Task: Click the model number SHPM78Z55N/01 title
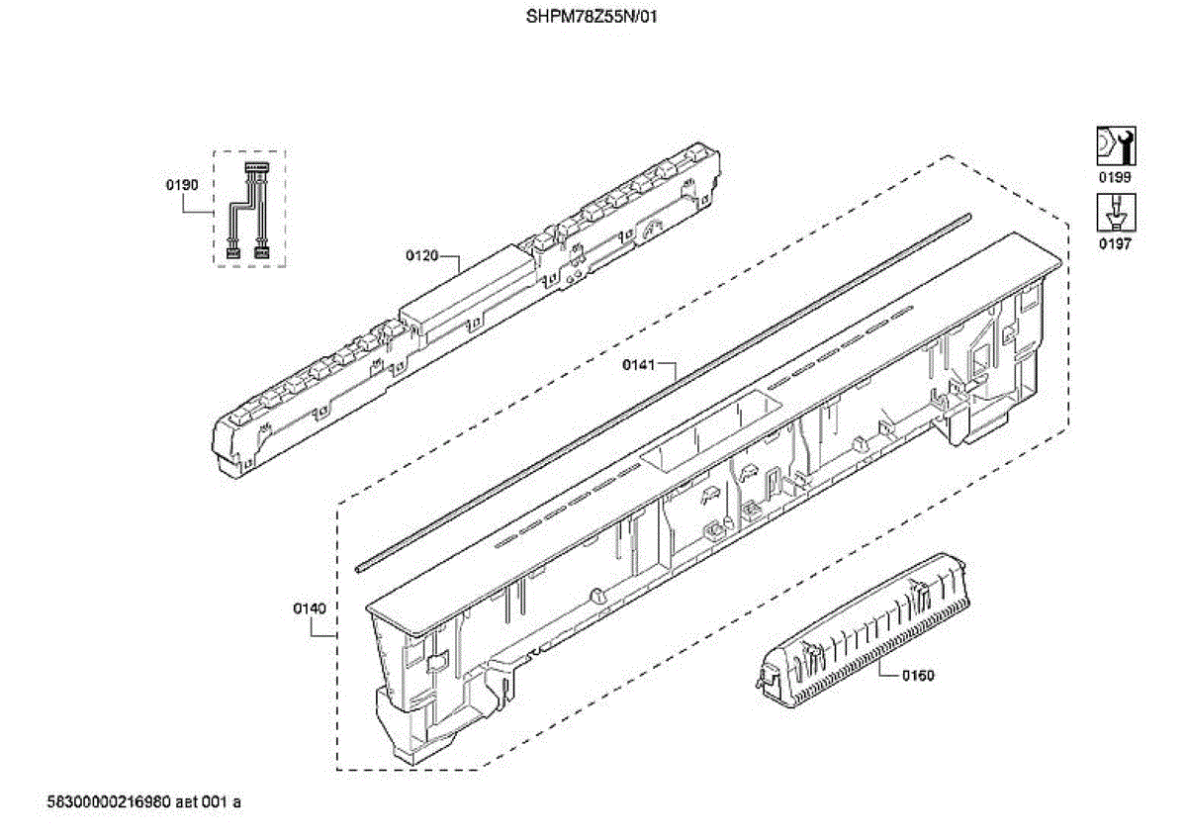(x=591, y=17)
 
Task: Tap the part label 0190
(x=182, y=184)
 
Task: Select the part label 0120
(x=421, y=256)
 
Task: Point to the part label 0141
(x=638, y=365)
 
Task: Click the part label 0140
(x=309, y=608)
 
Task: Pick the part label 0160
(x=918, y=676)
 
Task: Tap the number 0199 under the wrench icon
(x=1116, y=177)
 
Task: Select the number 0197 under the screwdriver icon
(x=1116, y=244)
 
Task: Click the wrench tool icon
(x=1116, y=146)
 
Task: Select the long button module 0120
(x=465, y=307)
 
